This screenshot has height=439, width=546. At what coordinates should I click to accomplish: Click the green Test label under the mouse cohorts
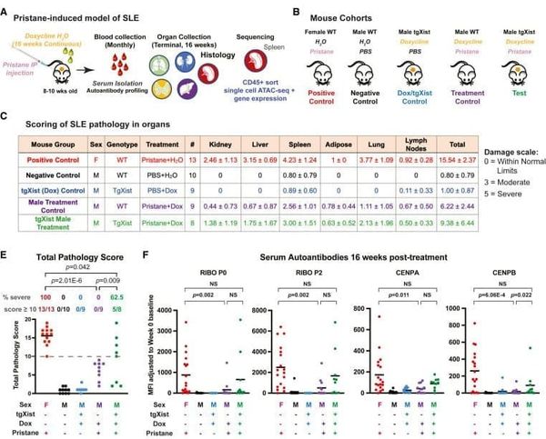coord(511,89)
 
